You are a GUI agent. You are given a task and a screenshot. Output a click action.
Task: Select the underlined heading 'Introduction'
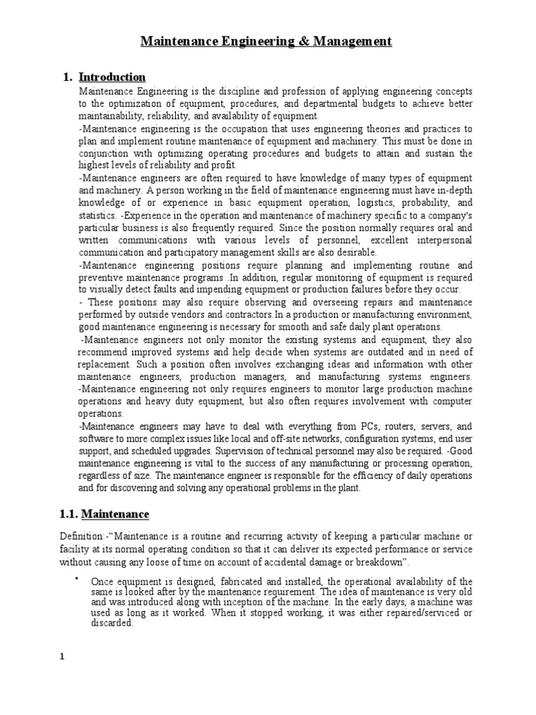pos(112,77)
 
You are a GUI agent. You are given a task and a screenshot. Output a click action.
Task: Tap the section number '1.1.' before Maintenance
pos(68,514)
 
